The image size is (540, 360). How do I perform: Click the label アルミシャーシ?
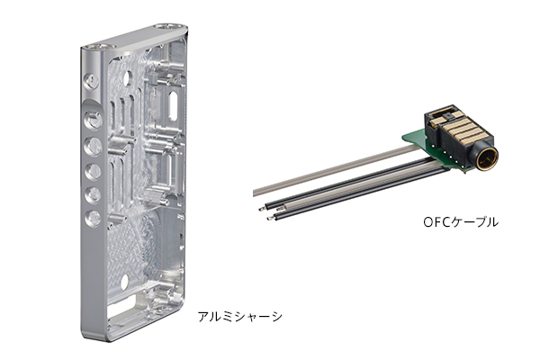tap(240, 317)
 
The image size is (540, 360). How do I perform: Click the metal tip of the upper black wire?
tap(263, 208)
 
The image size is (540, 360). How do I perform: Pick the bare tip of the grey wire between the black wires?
tap(280, 208)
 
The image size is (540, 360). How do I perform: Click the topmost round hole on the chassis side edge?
tap(92, 81)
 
